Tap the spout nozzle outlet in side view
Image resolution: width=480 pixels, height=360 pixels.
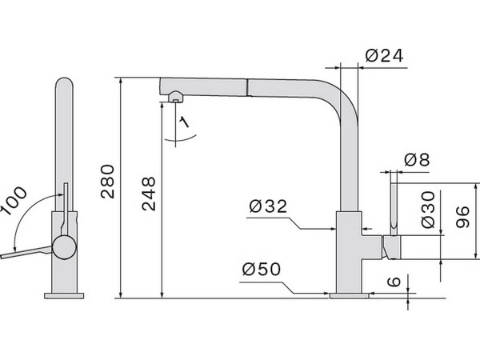click(176, 98)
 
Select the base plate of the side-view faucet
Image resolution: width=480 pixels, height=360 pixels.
click(350, 294)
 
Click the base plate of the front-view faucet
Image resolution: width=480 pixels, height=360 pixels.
click(63, 294)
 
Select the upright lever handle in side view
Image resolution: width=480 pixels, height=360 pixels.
click(394, 206)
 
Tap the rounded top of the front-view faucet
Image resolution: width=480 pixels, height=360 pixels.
click(64, 84)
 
